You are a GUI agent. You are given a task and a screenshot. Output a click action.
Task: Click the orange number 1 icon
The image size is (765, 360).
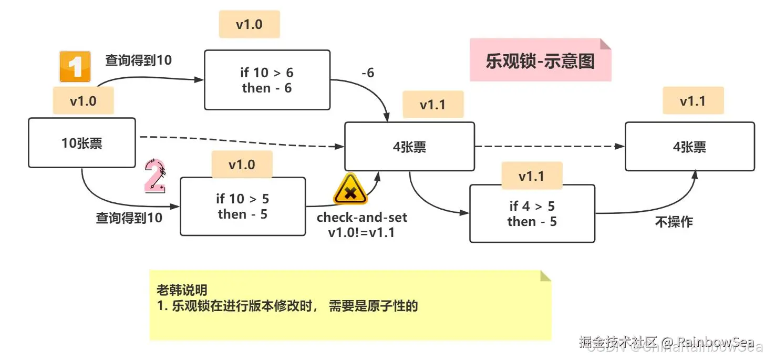coord(75,67)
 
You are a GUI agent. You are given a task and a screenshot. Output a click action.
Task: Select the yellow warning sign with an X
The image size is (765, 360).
coord(350,189)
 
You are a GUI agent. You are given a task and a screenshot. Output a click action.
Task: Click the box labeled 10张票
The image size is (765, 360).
coord(82,143)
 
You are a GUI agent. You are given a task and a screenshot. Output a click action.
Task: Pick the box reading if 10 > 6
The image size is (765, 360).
coord(267,80)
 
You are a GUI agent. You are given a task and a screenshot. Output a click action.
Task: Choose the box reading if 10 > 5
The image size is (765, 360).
coord(242,206)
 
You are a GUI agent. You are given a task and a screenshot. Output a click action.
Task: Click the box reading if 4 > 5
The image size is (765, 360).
coord(532,213)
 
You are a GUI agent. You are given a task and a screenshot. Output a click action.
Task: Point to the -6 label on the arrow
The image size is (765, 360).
coord(368,73)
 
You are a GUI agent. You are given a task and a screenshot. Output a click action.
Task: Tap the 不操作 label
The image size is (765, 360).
coord(674,222)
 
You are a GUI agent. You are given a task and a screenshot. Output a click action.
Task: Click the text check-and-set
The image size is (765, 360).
coord(361,217)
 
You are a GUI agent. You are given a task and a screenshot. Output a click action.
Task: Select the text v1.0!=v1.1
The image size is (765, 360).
coord(361,232)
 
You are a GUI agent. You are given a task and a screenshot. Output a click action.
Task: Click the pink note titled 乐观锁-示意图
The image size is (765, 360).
coord(540,60)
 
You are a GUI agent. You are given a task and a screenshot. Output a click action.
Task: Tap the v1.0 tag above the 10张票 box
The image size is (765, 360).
coord(83,101)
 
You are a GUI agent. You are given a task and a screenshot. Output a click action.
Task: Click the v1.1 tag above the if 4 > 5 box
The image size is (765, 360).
coord(532,176)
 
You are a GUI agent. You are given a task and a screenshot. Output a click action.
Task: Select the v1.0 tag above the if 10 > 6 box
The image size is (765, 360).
coord(249,25)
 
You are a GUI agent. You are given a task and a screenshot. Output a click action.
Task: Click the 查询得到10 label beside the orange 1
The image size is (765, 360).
coord(138,60)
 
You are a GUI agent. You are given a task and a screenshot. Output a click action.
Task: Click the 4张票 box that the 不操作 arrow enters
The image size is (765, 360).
coord(689,147)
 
